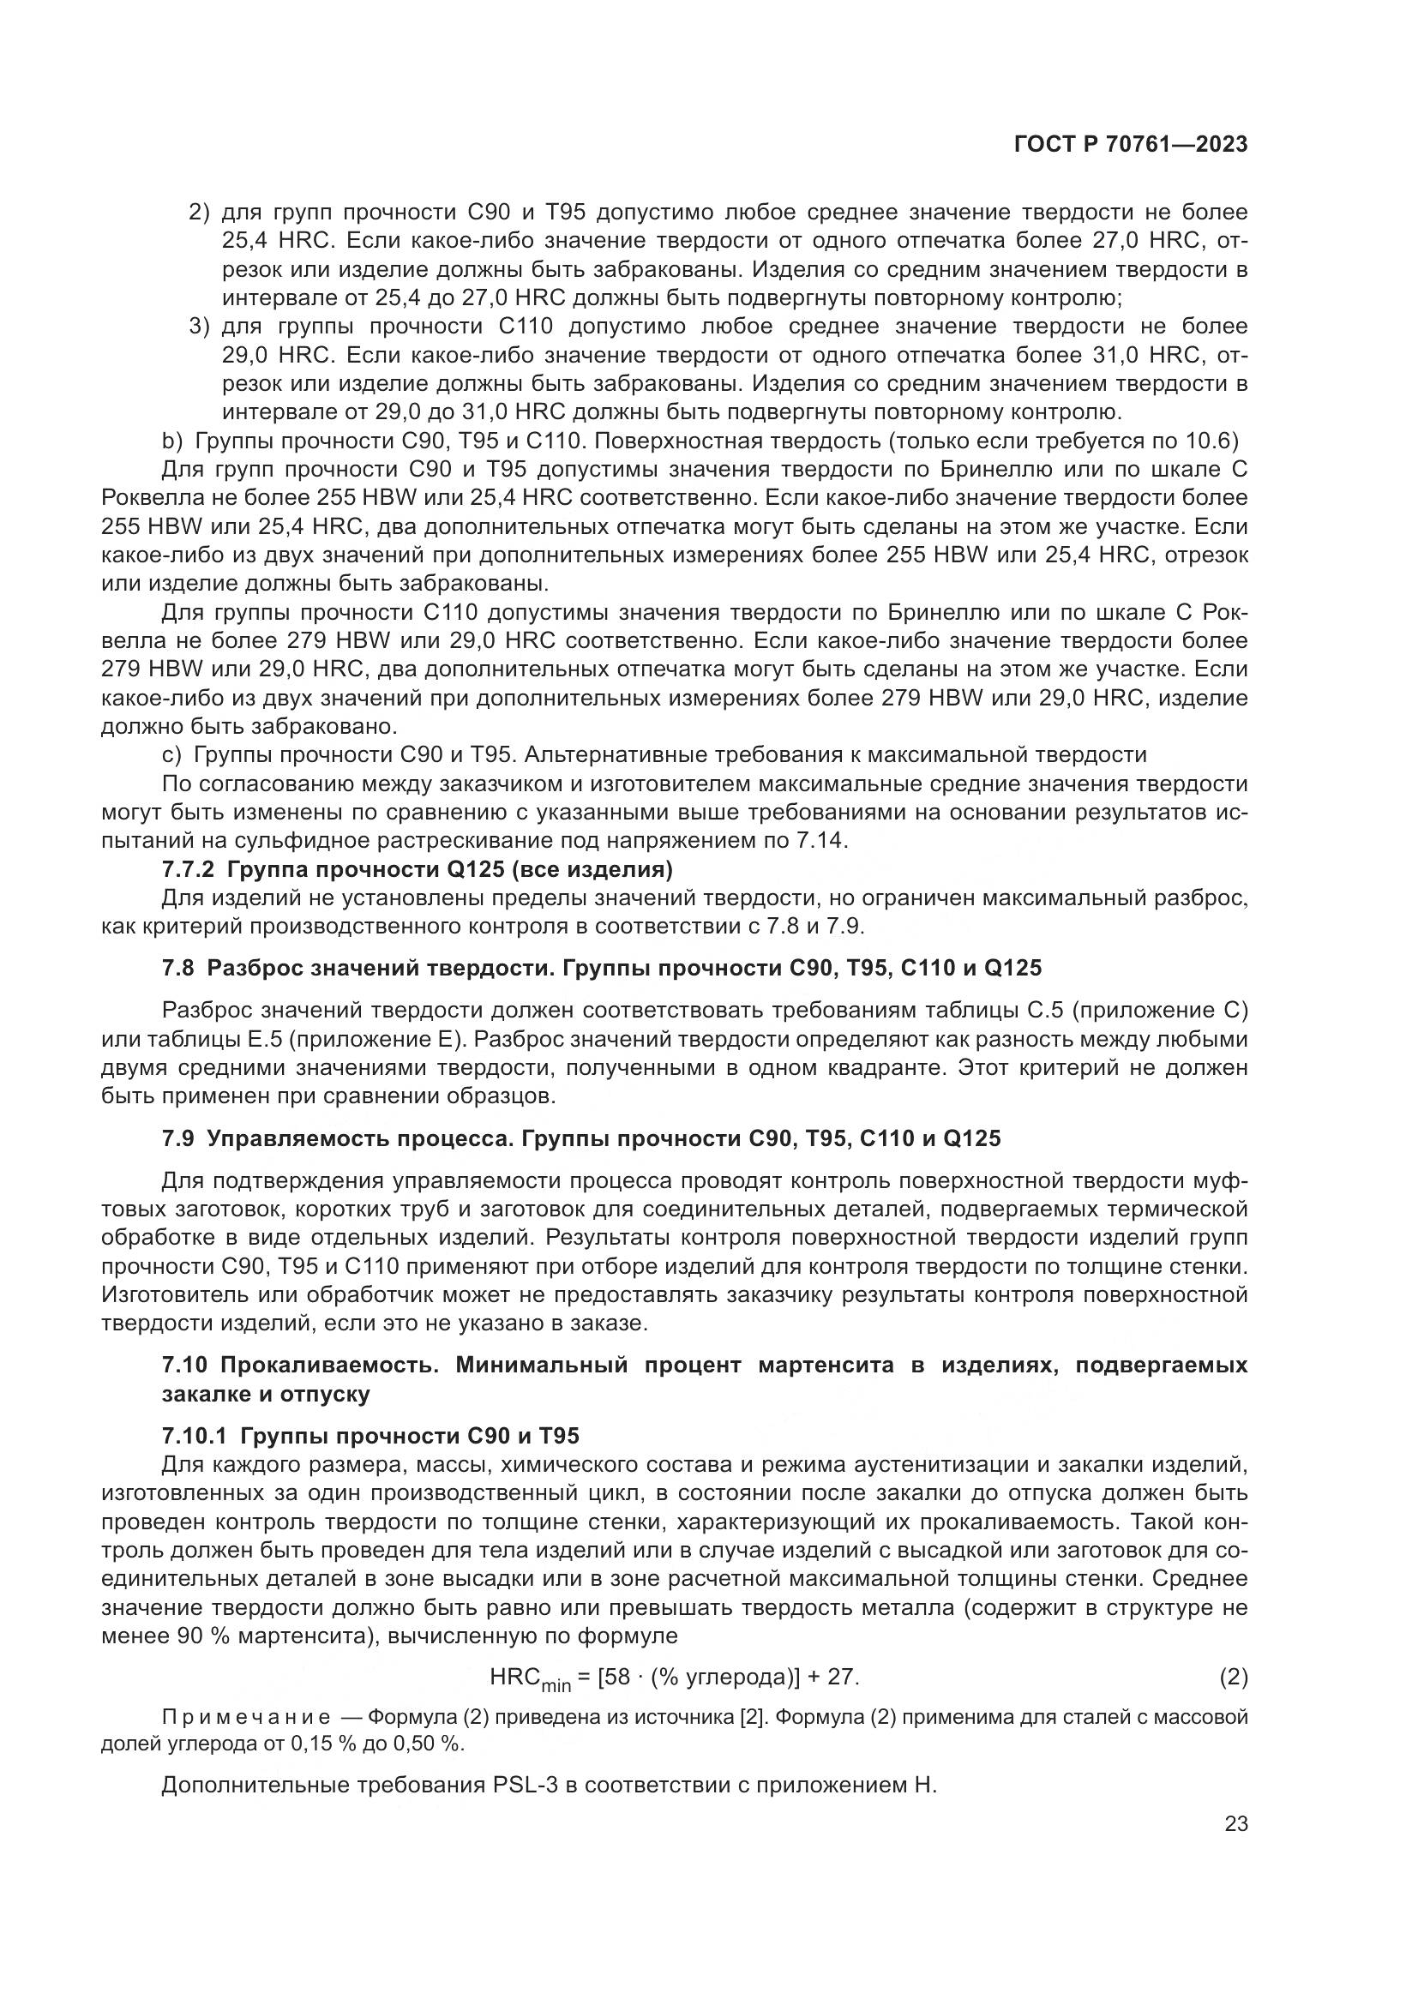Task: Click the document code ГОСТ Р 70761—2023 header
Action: pyautogui.click(x=1130, y=145)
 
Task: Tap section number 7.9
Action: pyautogui.click(x=179, y=1138)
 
